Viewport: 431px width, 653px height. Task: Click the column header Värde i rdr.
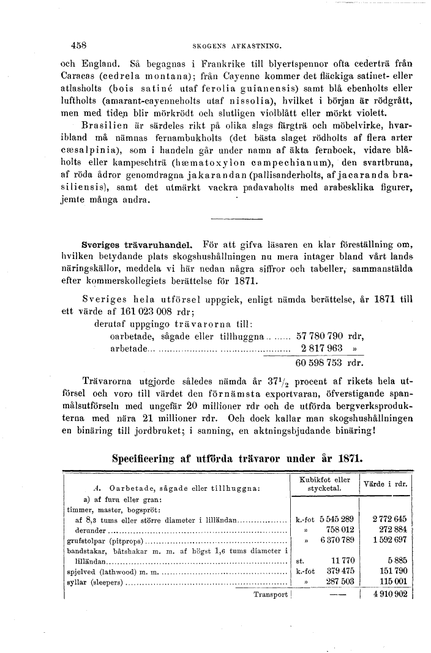coord(386,483)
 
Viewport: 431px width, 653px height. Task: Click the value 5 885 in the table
coord(397,561)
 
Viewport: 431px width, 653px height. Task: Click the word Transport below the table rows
coord(270,594)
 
